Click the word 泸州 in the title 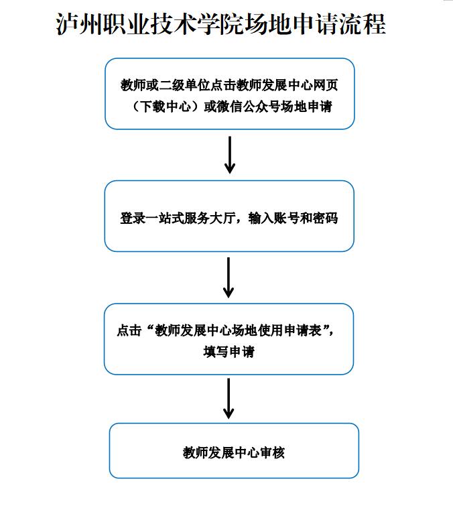pos(79,24)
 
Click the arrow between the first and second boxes pos(230,155)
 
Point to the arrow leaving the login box pos(229,277)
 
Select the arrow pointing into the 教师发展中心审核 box pos(229,399)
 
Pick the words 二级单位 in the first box pos(184,85)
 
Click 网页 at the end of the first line pos(326,85)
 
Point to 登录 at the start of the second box pos(133,218)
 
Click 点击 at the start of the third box pos(129,330)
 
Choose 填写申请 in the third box pos(229,352)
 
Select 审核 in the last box pos(272,453)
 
